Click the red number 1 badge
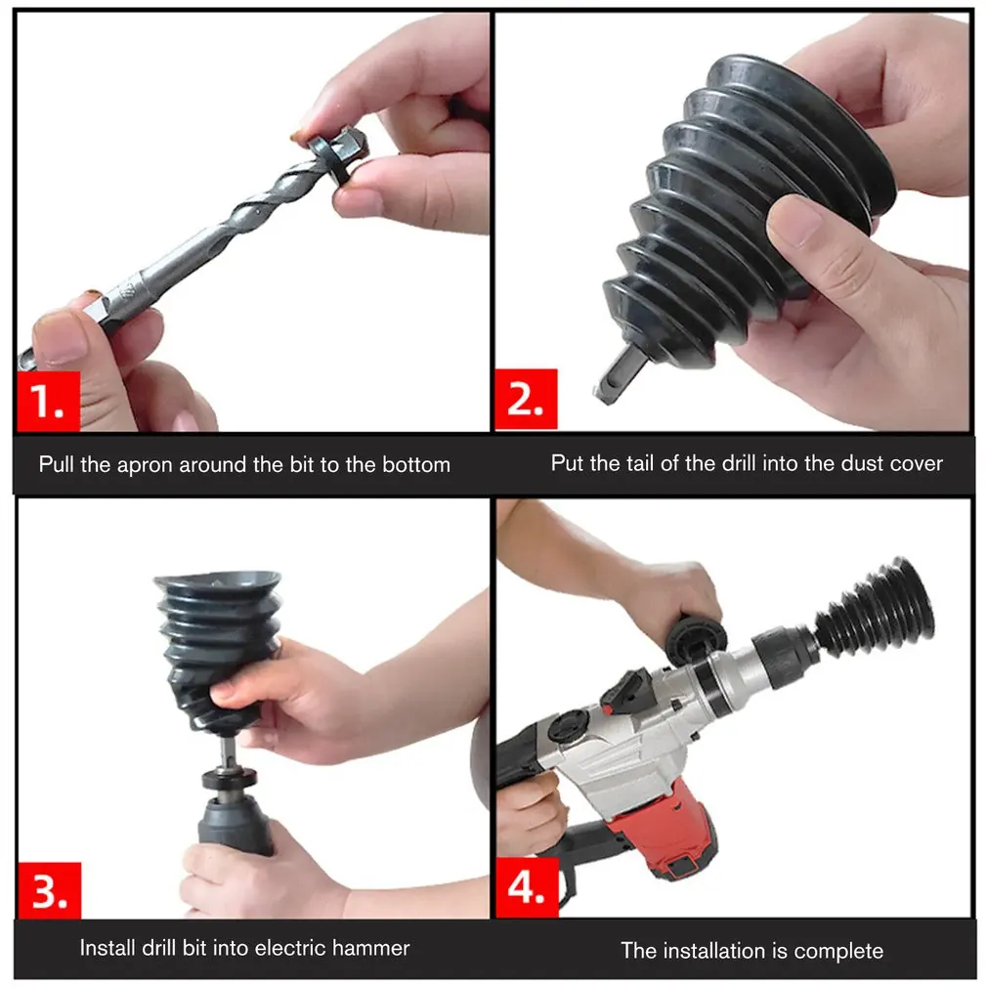coord(49,401)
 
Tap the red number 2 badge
coord(526,399)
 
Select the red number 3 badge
coord(49,890)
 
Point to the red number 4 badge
coord(527,887)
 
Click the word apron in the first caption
coord(146,465)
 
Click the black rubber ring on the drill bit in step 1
coord(332,162)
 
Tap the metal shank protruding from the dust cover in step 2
coord(619,376)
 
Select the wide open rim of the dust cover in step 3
coord(217,583)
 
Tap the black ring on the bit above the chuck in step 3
coord(230,779)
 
